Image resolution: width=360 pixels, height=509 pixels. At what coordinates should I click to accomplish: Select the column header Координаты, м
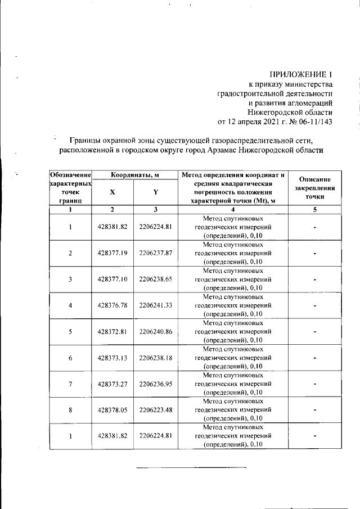coord(134,175)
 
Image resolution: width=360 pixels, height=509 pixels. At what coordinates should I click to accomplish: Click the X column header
coord(112,192)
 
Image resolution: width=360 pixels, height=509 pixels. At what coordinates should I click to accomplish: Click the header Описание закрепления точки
coord(315,188)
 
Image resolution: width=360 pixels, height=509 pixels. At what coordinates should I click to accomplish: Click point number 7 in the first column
coord(70,384)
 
